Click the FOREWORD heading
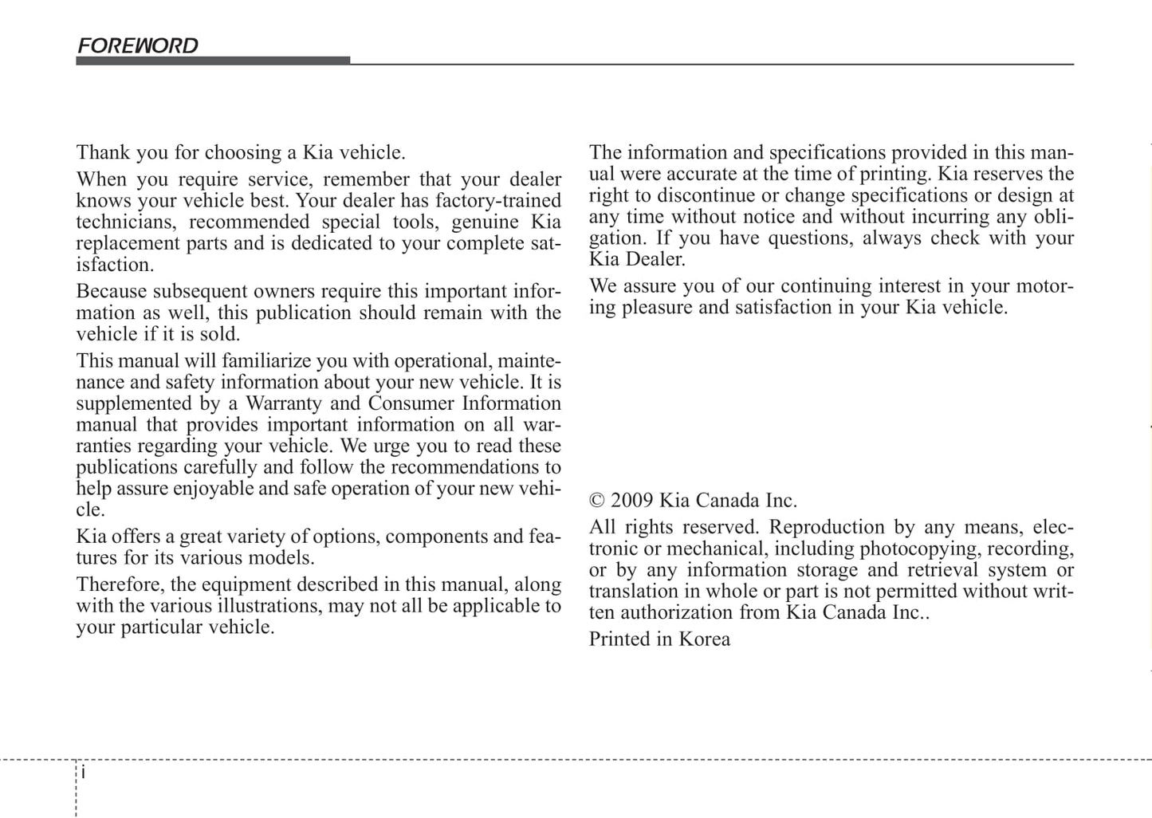[x=137, y=45]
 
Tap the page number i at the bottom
[x=84, y=773]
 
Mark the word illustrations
[x=269, y=606]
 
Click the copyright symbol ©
[x=597, y=501]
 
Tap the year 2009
[x=633, y=501]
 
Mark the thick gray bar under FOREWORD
[x=213, y=61]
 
